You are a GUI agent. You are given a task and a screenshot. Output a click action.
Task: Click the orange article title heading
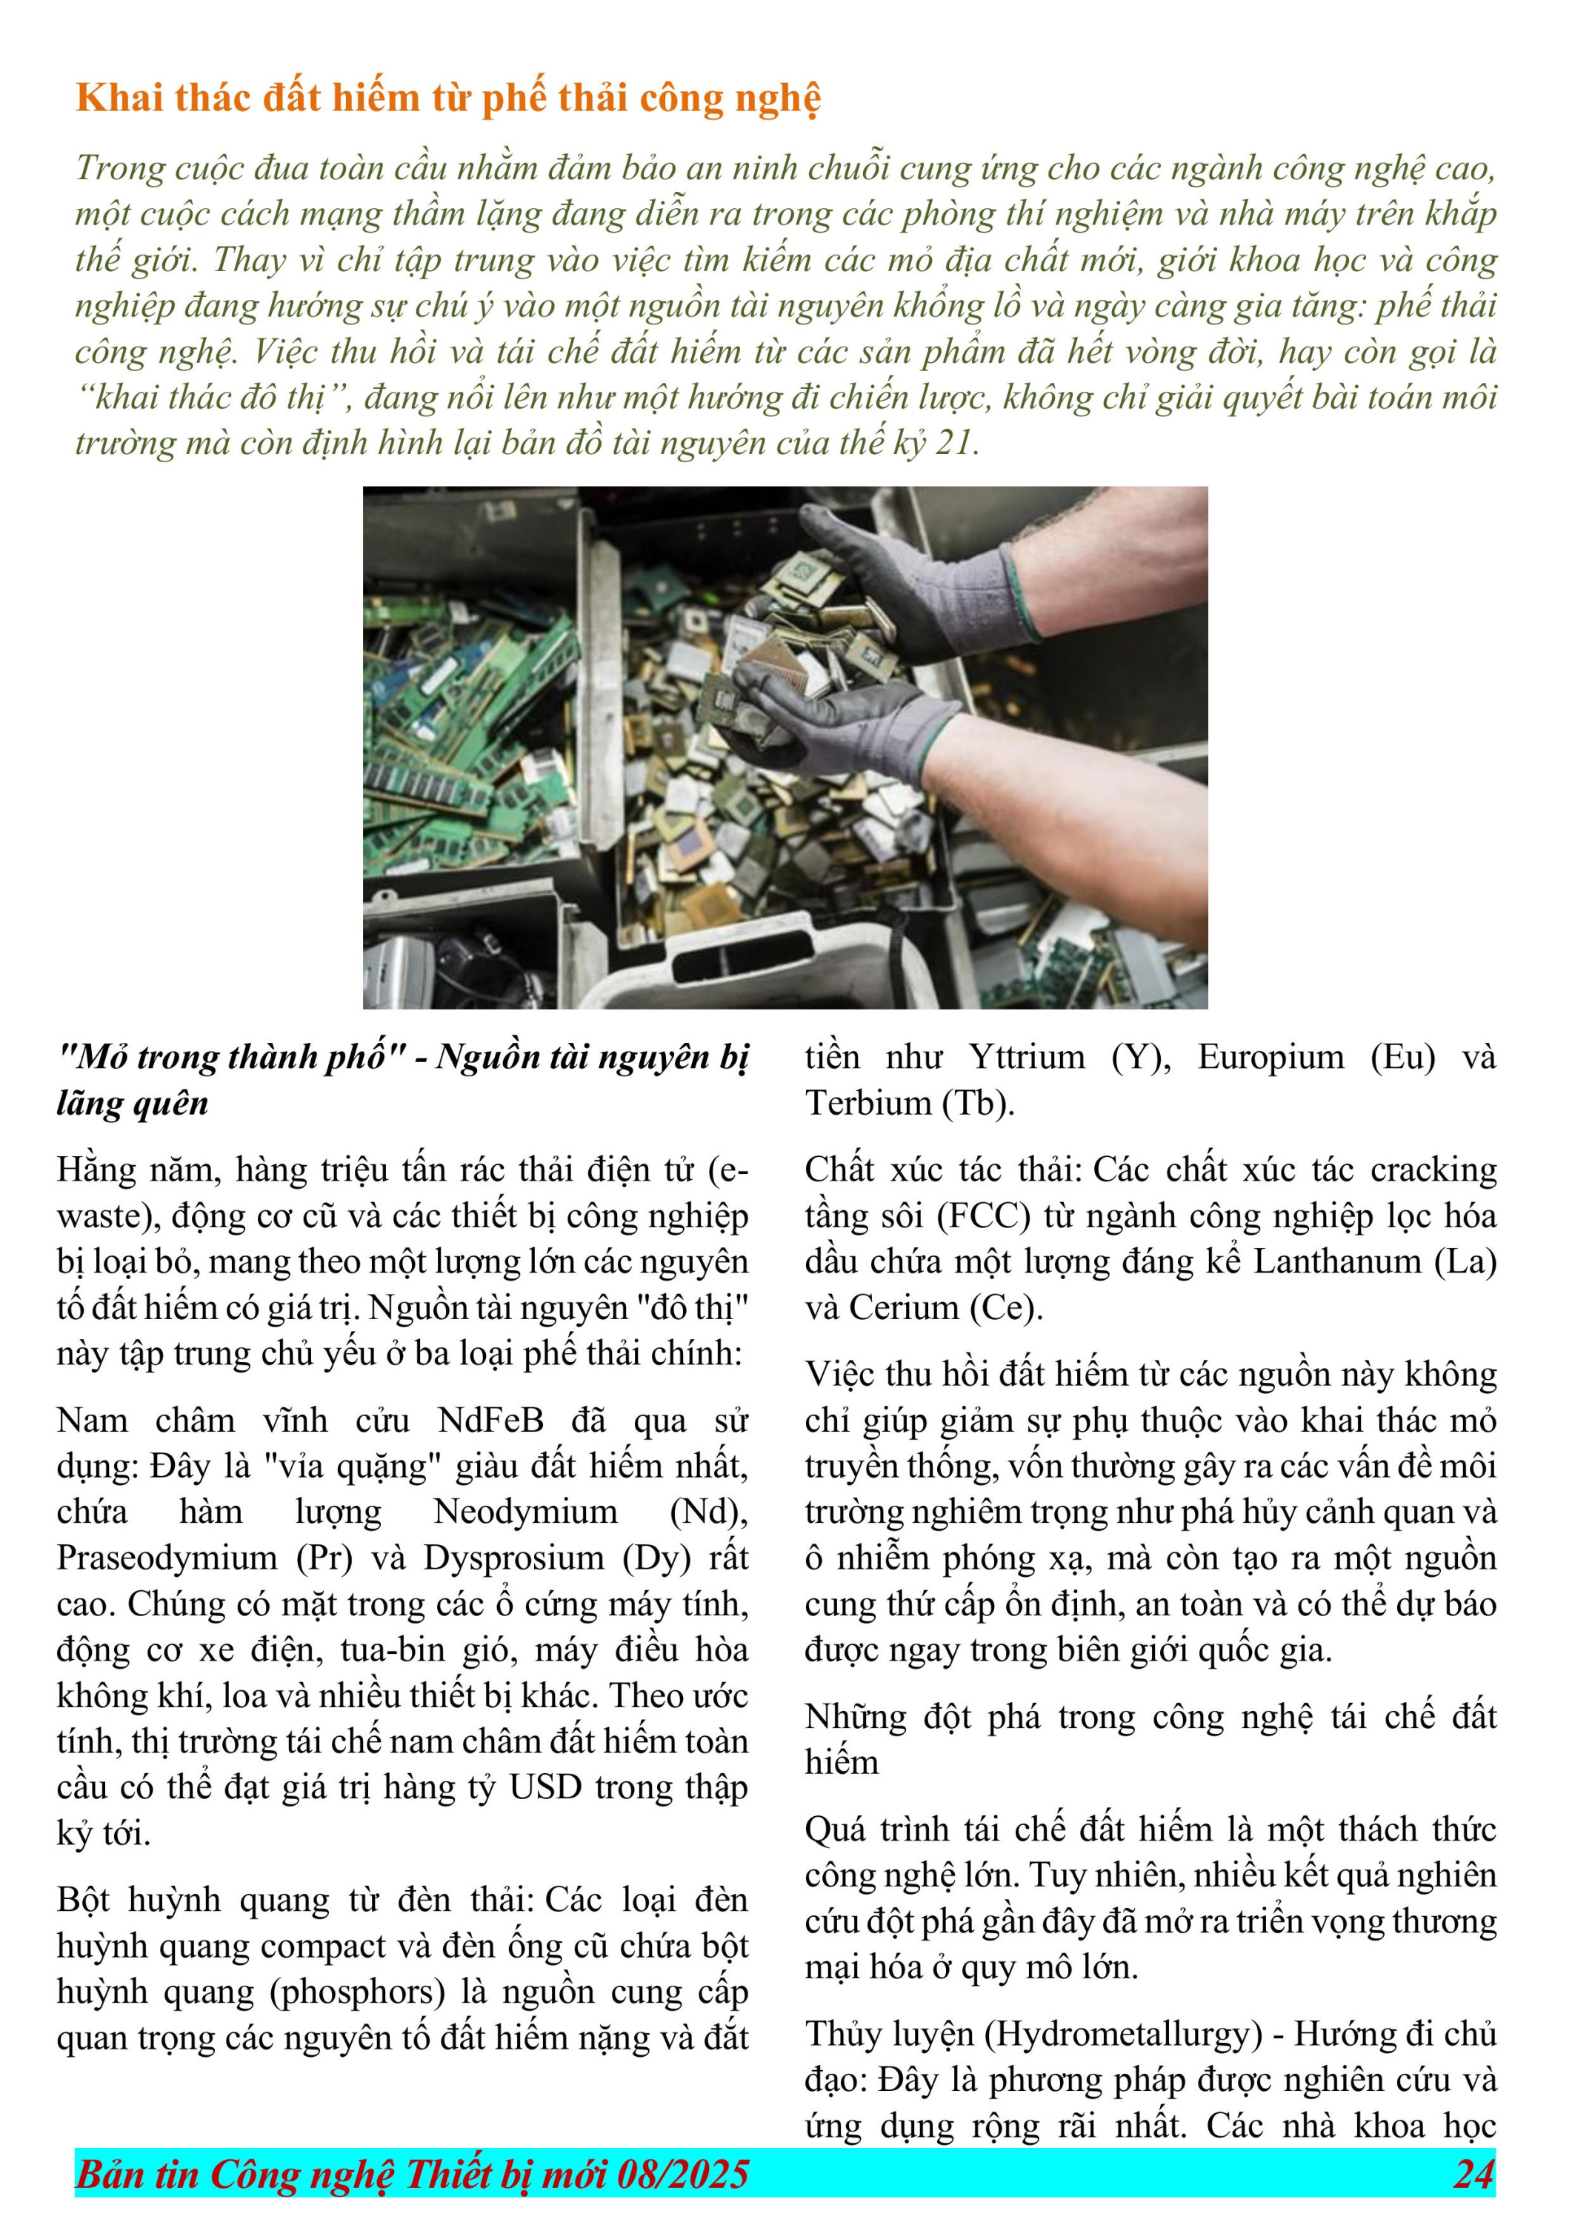click(x=448, y=99)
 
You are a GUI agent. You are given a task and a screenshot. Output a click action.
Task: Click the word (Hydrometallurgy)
click(x=1123, y=2033)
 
